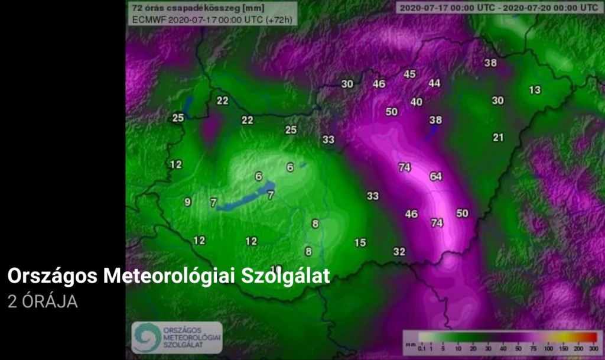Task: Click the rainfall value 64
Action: click(x=436, y=176)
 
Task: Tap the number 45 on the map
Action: click(x=409, y=74)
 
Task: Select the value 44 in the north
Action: click(x=435, y=83)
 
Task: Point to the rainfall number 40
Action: click(x=417, y=102)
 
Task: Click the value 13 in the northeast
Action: click(x=535, y=90)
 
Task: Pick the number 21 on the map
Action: click(x=498, y=137)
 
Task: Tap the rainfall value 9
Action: click(x=188, y=202)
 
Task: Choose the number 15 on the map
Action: click(x=360, y=242)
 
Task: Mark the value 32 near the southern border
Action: click(x=399, y=251)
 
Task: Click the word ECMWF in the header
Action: click(x=149, y=19)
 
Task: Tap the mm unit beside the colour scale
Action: click(x=408, y=342)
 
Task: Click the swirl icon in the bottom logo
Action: click(x=144, y=337)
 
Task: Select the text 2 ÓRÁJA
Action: click(x=43, y=301)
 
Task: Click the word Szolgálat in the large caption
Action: click(x=285, y=276)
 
